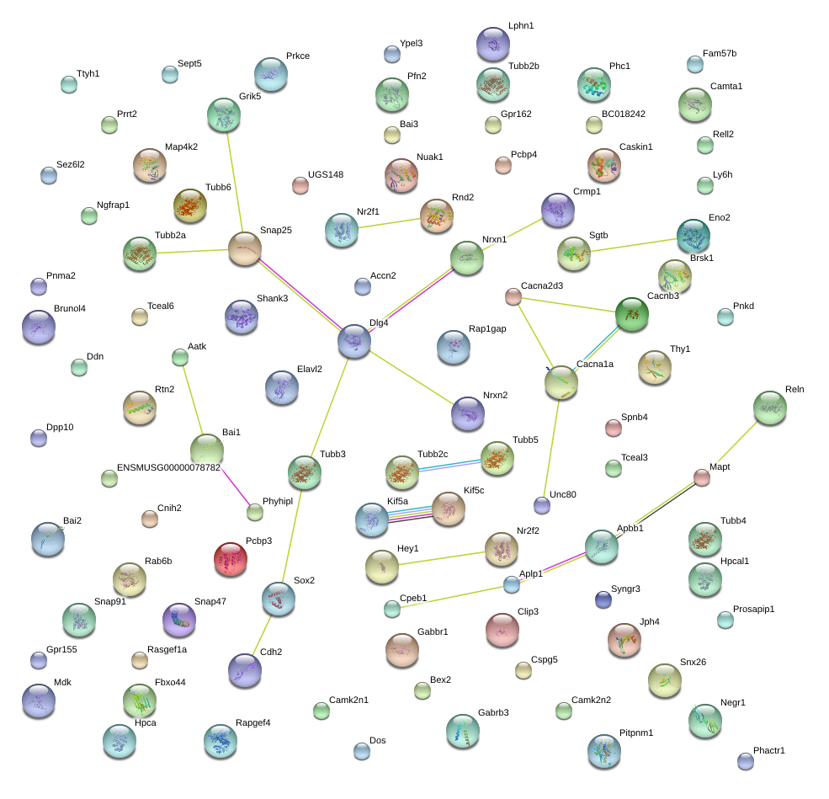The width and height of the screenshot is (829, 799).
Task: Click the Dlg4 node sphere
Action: pyautogui.click(x=354, y=341)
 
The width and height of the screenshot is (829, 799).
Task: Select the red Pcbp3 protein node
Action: pyautogui.click(x=231, y=559)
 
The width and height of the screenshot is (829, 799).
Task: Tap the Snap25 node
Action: pyautogui.click(x=245, y=249)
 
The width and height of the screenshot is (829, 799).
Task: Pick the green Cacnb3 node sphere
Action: pyautogui.click(x=631, y=313)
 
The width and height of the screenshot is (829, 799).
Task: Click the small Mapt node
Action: pyautogui.click(x=702, y=477)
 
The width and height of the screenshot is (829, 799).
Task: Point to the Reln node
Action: pyautogui.click(x=769, y=407)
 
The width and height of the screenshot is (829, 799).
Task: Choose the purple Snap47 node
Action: pyautogui.click(x=178, y=620)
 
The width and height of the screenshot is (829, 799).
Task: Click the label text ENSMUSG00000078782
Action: pyautogui.click(x=168, y=467)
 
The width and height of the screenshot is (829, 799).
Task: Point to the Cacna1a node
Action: pyautogui.click(x=561, y=382)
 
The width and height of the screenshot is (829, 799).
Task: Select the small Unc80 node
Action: pyautogui.click(x=542, y=505)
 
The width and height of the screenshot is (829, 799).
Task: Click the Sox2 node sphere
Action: pyautogui.click(x=278, y=598)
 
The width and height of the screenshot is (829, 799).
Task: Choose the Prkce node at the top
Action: pyautogui.click(x=270, y=74)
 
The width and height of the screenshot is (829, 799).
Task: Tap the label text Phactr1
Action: pyautogui.click(x=769, y=750)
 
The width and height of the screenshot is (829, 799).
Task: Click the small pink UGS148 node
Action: pyautogui.click(x=300, y=185)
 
